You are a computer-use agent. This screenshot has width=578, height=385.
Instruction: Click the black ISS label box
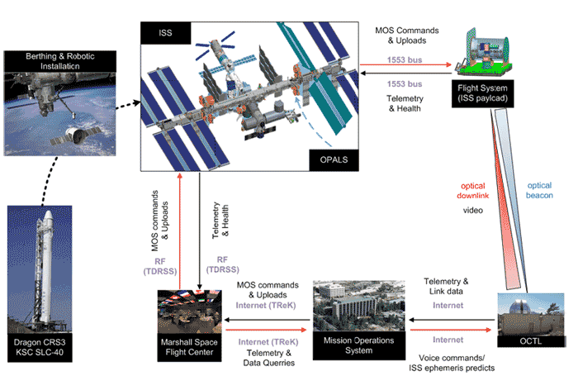click(x=166, y=33)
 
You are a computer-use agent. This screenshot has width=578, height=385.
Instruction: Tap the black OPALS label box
click(x=329, y=157)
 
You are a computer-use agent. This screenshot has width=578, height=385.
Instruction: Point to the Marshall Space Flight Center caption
click(x=192, y=346)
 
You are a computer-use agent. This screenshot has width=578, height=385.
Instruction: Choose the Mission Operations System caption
click(x=359, y=345)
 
